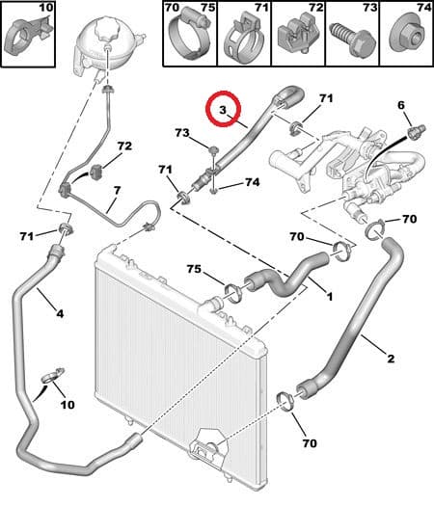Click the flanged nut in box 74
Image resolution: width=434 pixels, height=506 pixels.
[x=408, y=37]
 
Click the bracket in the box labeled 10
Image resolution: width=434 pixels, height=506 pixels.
[x=26, y=35]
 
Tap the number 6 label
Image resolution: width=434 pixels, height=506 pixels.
[x=401, y=105]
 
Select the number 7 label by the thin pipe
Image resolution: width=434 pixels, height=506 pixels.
[x=117, y=190]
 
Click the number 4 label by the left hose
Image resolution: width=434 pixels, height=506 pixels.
[x=60, y=313]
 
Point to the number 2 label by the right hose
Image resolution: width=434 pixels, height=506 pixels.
[x=391, y=359]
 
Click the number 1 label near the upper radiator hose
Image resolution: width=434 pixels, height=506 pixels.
[x=330, y=296]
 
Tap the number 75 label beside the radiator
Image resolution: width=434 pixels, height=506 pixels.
[x=194, y=269]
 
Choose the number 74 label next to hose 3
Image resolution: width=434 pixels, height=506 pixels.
[x=252, y=182]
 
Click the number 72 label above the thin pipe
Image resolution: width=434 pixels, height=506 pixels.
[x=124, y=146]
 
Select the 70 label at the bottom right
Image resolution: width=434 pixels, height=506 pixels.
[x=310, y=443]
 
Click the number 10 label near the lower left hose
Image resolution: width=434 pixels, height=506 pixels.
[x=68, y=405]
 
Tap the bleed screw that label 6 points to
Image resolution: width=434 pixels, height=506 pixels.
[x=415, y=132]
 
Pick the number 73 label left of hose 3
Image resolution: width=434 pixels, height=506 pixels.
[x=182, y=133]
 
